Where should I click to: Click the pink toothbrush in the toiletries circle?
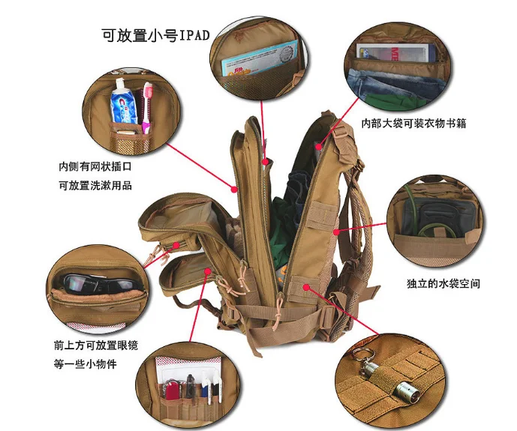[146, 105]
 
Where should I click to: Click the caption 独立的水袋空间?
[442, 283]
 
